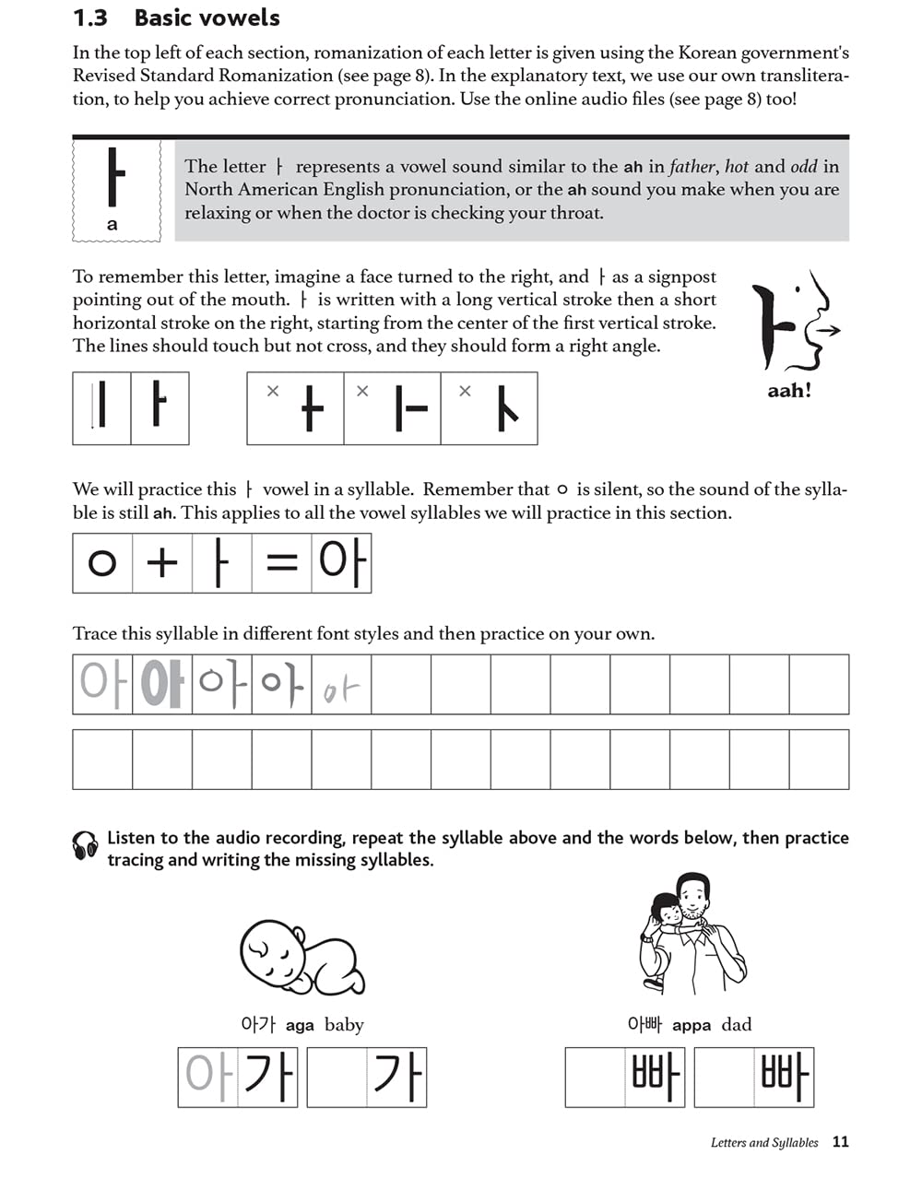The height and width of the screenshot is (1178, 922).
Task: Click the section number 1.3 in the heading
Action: pos(90,18)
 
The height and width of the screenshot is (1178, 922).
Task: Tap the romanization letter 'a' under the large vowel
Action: pos(112,224)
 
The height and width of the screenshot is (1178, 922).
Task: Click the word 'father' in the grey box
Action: pos(691,167)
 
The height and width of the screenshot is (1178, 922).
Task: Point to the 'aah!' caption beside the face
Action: pos(789,391)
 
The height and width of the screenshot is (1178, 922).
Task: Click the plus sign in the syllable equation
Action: pos(162,562)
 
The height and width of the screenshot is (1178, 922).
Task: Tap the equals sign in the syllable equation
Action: pos(281,562)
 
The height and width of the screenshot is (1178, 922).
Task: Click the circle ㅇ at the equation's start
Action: pos(102,562)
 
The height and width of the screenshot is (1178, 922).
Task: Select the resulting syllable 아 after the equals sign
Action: pos(342,562)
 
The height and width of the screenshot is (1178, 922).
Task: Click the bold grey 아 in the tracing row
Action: pos(162,685)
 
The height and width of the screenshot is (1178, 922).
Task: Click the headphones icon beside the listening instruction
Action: pos(86,845)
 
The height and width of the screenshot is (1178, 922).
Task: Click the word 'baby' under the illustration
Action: pos(344,1025)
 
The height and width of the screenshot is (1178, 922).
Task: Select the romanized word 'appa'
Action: pos(691,1025)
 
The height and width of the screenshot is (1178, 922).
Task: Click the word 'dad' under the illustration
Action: pos(737,1025)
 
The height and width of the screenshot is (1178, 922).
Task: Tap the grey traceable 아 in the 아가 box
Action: pos(207,1076)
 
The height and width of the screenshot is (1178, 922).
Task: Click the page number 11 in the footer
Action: pos(840,1141)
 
